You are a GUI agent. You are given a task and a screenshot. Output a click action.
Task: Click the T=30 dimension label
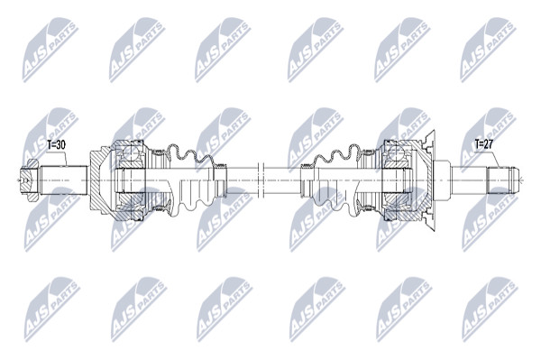click(56, 145)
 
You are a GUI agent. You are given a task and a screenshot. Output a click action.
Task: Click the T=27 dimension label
click(483, 144)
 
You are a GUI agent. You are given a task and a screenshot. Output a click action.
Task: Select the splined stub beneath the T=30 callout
click(63, 180)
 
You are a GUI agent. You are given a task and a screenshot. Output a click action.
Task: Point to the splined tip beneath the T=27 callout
click(503, 180)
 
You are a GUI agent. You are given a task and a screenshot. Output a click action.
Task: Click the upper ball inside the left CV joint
click(130, 153)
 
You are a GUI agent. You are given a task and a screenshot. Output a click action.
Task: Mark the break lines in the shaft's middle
click(261, 180)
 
